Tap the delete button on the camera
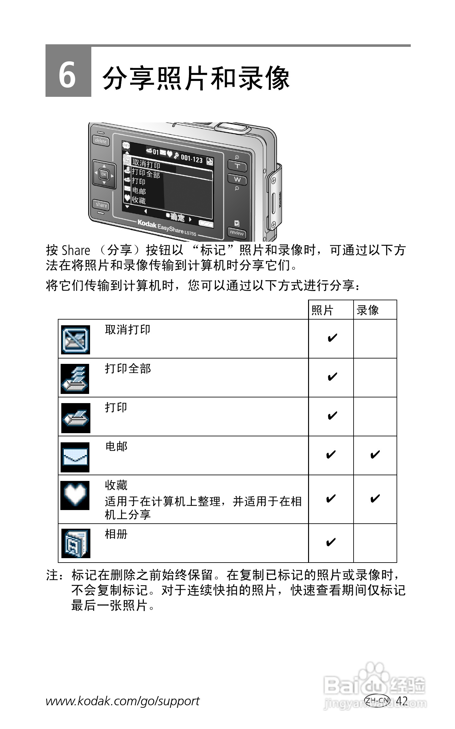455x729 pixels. point(101,141)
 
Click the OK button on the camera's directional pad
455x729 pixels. point(104,174)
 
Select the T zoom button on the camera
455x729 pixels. point(237,166)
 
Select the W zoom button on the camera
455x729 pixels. point(237,179)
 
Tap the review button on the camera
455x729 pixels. point(237,233)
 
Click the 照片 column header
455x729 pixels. point(323,310)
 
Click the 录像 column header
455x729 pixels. point(368,310)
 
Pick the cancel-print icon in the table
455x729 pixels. point(75,340)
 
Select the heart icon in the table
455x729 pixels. point(75,495)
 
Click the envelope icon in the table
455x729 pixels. point(75,457)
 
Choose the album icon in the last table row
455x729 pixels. point(76,543)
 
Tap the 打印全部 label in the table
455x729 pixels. point(128,369)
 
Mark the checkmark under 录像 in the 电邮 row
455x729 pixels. point(375,455)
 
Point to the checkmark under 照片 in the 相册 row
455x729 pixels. point(331,542)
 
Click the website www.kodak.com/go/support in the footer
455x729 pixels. point(123,701)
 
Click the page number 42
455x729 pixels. point(402,701)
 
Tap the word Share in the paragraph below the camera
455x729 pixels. point(76,250)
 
